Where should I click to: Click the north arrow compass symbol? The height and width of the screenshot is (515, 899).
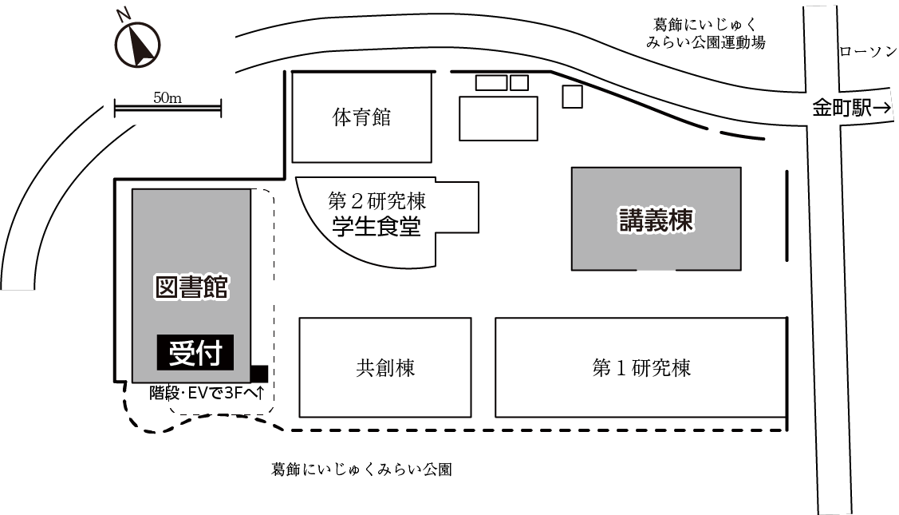(137, 46)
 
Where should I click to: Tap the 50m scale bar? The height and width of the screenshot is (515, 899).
(168, 108)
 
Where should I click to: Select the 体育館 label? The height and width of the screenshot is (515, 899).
(362, 117)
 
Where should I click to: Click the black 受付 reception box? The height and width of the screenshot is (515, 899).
(195, 352)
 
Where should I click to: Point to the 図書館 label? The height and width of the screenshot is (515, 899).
(192, 287)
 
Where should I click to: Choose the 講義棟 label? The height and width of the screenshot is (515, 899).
(657, 220)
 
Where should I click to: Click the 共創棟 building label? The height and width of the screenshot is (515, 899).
(385, 367)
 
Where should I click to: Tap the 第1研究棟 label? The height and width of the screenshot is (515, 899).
(641, 367)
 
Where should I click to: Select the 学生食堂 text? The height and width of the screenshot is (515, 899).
(377, 226)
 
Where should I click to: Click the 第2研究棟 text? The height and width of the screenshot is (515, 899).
(377, 201)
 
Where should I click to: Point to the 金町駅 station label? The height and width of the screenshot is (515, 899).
(842, 107)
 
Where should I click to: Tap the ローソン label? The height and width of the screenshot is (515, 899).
(868, 52)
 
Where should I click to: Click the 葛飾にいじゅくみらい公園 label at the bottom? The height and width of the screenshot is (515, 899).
(362, 469)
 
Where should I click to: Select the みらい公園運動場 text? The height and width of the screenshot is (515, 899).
(706, 42)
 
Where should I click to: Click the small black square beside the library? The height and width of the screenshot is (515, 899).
(259, 373)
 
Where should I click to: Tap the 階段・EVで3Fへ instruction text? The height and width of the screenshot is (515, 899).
(207, 393)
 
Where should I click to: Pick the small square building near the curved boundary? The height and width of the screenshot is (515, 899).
(572, 97)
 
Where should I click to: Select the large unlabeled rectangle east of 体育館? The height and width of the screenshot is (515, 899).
(499, 118)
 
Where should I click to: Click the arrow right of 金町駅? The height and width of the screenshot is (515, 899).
(882, 107)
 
